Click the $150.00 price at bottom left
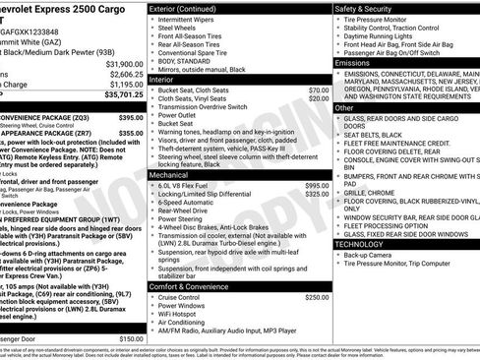tap(131, 338)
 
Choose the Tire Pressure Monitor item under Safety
tap(384, 20)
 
